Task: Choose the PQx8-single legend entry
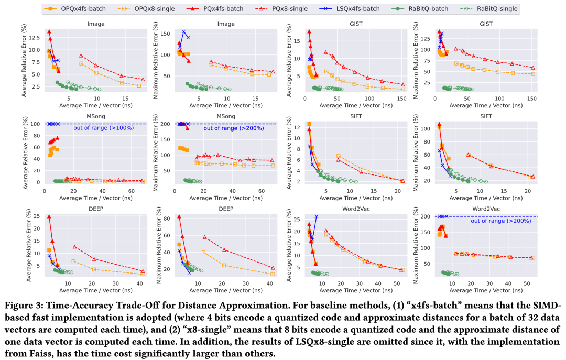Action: click(x=274, y=8)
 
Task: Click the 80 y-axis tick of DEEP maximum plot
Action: click(x=165, y=218)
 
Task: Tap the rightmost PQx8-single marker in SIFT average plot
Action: click(x=402, y=181)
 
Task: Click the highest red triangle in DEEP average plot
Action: click(x=49, y=216)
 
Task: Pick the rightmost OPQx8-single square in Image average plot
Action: click(x=139, y=85)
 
